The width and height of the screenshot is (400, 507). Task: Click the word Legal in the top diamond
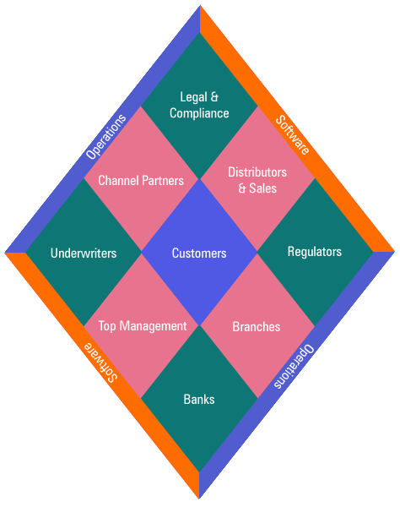193,97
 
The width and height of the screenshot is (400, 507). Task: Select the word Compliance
199,113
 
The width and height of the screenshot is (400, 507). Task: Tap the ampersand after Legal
214,97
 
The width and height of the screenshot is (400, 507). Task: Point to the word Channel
118,181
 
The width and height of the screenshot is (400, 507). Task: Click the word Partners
163,181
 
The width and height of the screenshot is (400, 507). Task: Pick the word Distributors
257,172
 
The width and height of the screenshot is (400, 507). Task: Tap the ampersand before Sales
242,188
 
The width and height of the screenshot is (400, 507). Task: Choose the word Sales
262,188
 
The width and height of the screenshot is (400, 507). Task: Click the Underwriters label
84,253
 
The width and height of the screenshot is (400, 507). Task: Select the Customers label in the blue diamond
199,253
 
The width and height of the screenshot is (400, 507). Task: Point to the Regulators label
315,252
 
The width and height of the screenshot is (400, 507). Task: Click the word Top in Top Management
107,326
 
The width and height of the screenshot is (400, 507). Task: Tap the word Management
153,326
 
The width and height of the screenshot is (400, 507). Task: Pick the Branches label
257,327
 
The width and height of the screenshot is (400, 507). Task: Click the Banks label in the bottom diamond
199,400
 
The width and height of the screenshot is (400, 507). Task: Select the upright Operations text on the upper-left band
106,137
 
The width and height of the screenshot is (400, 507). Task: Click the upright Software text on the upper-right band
293,135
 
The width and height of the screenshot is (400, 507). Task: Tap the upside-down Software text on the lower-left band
100,363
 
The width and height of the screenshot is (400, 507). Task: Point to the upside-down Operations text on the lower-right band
294,367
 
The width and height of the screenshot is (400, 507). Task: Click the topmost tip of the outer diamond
200,5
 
